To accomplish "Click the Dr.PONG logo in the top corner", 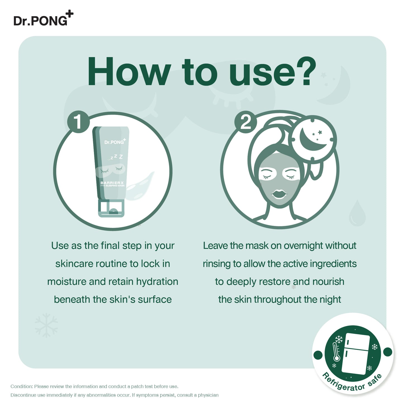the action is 44,18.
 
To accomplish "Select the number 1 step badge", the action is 78,122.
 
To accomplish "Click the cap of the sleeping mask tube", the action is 111,208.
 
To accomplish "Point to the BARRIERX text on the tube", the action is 112,183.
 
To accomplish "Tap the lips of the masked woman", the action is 279,194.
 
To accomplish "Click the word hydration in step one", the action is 157,282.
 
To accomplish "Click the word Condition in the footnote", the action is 22,386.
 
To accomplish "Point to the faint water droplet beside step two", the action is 357,213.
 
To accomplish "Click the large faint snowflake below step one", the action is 46,325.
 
